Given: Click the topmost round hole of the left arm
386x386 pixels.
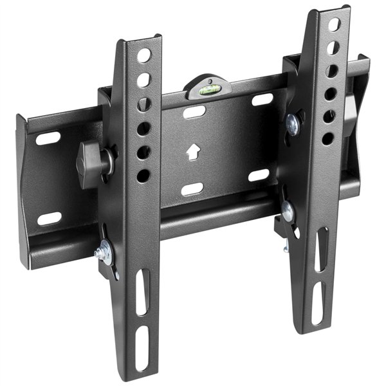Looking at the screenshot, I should tap(143, 56).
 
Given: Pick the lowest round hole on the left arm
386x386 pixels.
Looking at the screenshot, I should tap(143, 175).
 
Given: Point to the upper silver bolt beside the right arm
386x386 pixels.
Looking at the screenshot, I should tap(293, 124).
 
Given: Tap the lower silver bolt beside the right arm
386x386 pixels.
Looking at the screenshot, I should tap(287, 210).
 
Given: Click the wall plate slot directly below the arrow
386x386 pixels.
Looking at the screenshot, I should tap(192, 188).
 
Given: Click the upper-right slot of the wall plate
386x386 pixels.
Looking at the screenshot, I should tap(262, 100).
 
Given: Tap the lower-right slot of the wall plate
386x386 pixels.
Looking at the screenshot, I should tap(259, 175).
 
